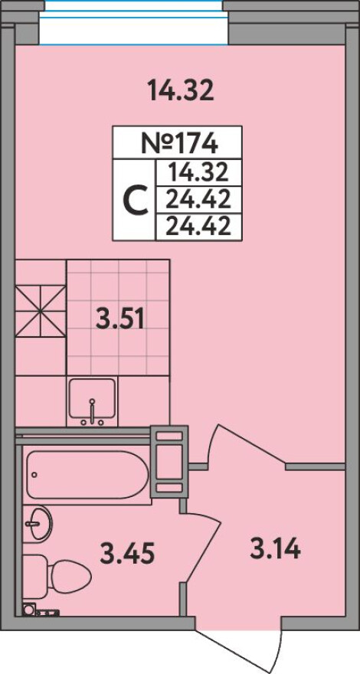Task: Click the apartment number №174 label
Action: click(x=177, y=143)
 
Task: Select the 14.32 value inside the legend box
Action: click(x=198, y=173)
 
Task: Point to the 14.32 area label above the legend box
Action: click(x=181, y=90)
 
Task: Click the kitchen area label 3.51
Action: click(x=119, y=319)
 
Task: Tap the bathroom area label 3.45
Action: click(x=127, y=553)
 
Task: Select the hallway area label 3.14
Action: click(x=274, y=549)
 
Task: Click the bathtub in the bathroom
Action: click(x=87, y=475)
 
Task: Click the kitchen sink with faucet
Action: click(x=92, y=402)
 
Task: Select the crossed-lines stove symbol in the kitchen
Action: click(x=41, y=310)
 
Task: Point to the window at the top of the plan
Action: click(x=133, y=22)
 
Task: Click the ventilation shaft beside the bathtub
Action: click(x=169, y=461)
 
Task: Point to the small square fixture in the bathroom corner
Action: click(x=30, y=609)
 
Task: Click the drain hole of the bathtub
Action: click(x=34, y=475)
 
